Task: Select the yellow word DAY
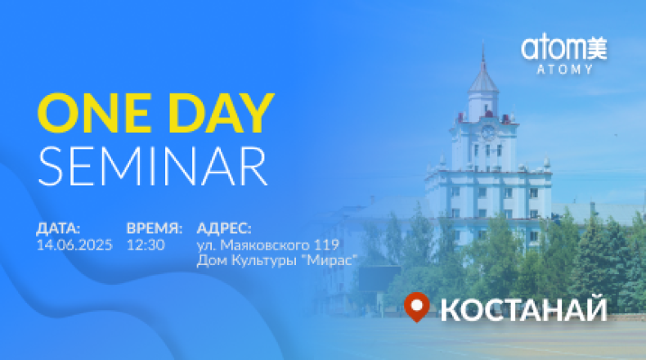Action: point(222,113)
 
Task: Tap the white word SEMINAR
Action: point(153,166)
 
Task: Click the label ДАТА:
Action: point(59,228)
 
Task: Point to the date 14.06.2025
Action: point(74,245)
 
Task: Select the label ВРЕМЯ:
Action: point(155,228)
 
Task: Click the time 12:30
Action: point(146,245)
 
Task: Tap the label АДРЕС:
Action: point(224,228)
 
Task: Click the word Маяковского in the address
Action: point(265,245)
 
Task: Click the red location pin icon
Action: point(417,307)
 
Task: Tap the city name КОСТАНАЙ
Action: point(523,310)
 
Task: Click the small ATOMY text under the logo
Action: point(564,70)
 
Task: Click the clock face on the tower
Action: point(489,133)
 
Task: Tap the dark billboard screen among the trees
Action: point(379,278)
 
